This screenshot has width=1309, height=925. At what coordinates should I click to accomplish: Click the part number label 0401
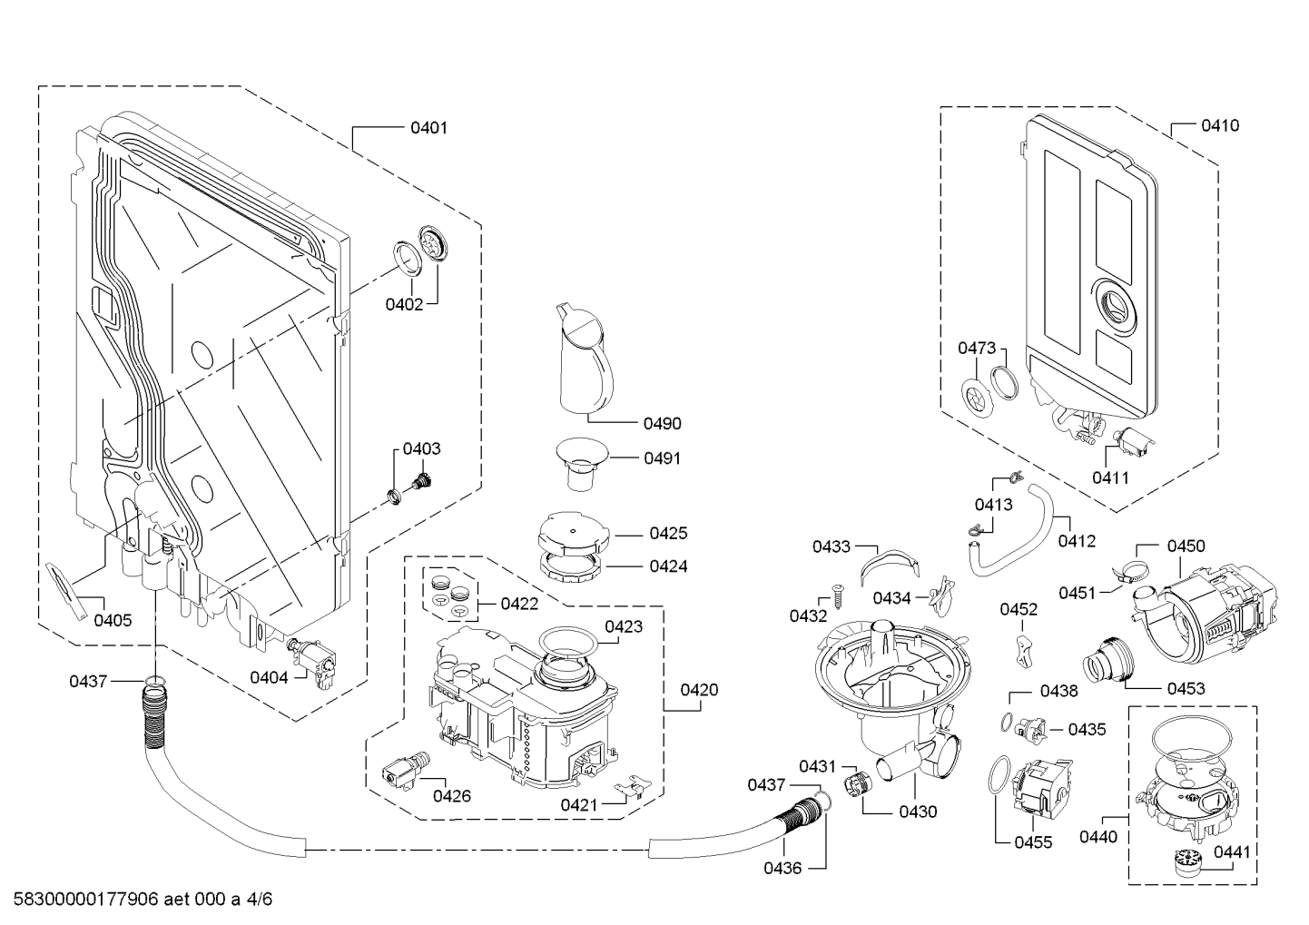(x=428, y=128)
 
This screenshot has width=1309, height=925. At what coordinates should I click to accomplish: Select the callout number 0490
(x=662, y=423)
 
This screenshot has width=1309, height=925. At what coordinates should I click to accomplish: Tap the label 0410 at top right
(x=1219, y=125)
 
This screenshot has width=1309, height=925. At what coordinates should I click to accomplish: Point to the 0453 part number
(x=1186, y=688)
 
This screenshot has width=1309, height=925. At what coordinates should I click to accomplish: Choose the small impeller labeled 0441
(x=1182, y=860)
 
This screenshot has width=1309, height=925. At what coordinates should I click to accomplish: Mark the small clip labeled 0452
(x=1024, y=650)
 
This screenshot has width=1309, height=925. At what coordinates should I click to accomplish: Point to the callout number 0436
(x=782, y=868)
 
